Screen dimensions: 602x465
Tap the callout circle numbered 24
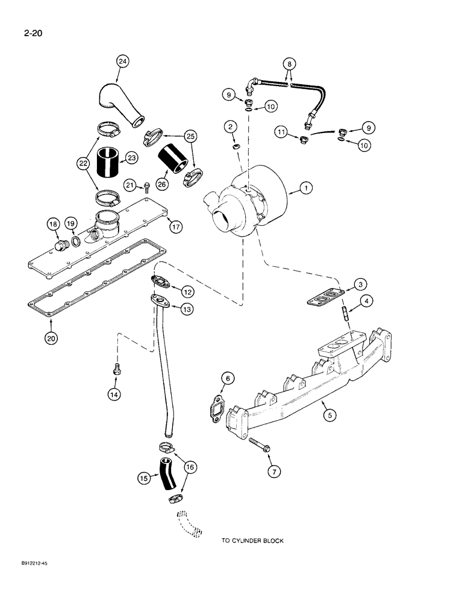click(123, 61)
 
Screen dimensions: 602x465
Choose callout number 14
click(114, 394)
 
